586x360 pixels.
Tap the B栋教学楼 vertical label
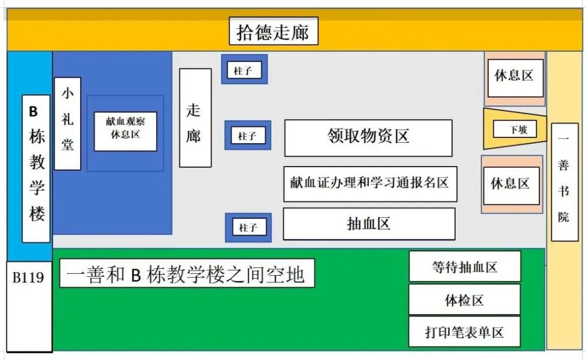tap(36, 168)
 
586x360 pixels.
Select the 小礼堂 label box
tap(67, 123)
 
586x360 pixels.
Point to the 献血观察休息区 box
tap(125, 131)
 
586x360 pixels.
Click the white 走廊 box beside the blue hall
tap(195, 117)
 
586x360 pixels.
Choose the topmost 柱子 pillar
tap(244, 70)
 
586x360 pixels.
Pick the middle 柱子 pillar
tap(247, 136)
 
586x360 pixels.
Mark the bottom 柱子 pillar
tap(248, 227)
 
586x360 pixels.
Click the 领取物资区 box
tap(368, 137)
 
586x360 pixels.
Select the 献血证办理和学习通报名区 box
tap(370, 184)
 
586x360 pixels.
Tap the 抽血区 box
tap(368, 223)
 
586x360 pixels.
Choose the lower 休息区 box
tap(511, 185)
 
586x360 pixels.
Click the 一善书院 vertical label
tap(564, 182)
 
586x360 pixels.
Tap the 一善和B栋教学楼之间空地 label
tap(187, 273)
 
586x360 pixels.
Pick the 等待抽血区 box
tap(464, 266)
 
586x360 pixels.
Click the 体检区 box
tap(464, 299)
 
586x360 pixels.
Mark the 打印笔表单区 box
tap(464, 332)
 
